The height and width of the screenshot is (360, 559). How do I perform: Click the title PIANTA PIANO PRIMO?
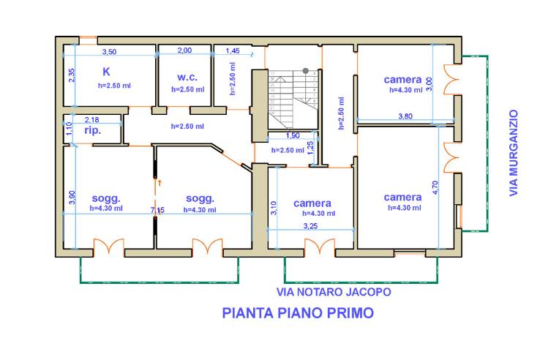tap(297, 314)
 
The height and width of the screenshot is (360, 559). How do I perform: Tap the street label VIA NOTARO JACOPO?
tap(333, 291)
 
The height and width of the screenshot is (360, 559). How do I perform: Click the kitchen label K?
tap(106, 72)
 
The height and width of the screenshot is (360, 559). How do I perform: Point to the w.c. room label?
tap(187, 76)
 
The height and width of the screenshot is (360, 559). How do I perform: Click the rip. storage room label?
tap(93, 131)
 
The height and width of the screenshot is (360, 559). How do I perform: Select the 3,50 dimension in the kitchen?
tap(109, 52)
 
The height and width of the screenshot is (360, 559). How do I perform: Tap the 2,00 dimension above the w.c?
tap(185, 51)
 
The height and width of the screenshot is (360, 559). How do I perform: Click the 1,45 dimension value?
tap(233, 51)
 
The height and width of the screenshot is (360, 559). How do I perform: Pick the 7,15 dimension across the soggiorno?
tap(157, 211)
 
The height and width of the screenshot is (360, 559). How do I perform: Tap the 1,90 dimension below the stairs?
tap(291, 135)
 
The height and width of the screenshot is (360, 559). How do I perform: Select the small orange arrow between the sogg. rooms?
tap(159, 181)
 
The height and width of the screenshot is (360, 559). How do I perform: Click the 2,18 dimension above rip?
tap(93, 119)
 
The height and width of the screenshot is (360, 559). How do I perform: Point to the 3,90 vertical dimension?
tap(71, 198)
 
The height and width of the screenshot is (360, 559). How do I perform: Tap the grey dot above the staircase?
tap(305, 71)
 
